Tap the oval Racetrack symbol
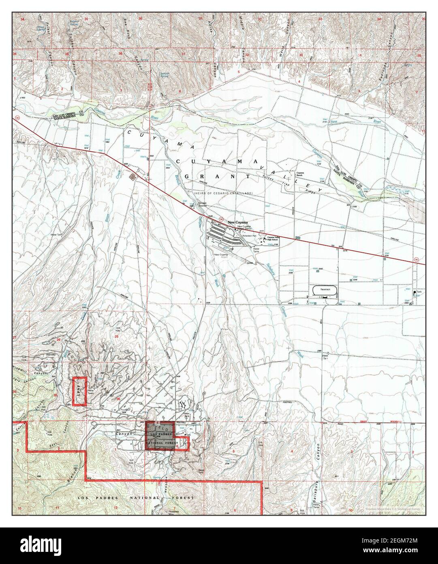[x=325, y=291]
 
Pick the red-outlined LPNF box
[x=79, y=391]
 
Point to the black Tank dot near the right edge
[x=414, y=292]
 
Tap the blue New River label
[x=333, y=122]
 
